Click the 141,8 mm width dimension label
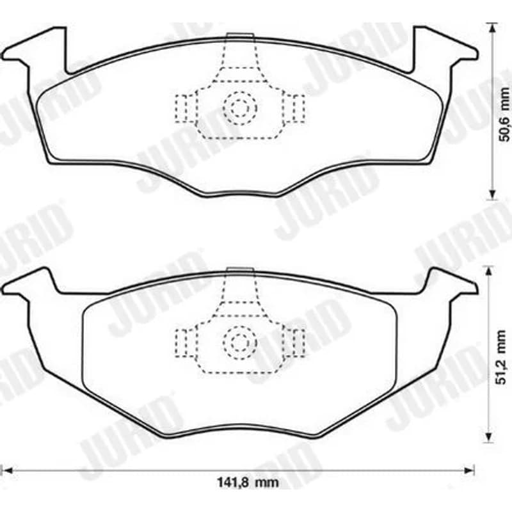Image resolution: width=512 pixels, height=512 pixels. tap(248, 482)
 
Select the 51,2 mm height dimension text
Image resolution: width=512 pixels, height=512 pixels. tap(502, 357)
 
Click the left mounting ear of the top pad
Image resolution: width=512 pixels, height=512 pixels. tap(36, 49)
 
